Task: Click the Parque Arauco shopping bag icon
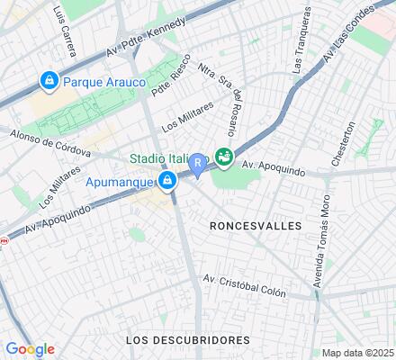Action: tap(48, 81)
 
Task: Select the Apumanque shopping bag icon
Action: tap(167, 182)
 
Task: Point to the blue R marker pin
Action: tap(197, 165)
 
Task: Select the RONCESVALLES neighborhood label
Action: tap(255, 226)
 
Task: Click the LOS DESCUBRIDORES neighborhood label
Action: tap(187, 339)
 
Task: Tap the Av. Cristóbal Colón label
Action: tap(244, 285)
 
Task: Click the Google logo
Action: tap(30, 349)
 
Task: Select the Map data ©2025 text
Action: tap(358, 352)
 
